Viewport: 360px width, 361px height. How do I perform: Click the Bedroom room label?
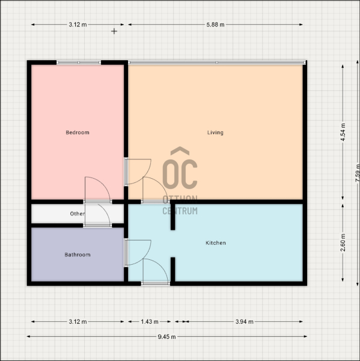tap(78, 132)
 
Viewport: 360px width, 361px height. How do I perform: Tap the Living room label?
tap(215, 132)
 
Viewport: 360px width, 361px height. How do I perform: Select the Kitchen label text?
tap(216, 243)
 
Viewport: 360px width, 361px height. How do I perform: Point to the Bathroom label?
tap(78, 255)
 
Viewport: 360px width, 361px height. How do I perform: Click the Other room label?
tap(78, 214)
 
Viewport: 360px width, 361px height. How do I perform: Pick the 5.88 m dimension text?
tap(215, 25)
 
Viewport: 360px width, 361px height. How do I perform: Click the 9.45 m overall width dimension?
tap(166, 337)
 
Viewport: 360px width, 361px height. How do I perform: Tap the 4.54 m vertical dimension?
tap(343, 132)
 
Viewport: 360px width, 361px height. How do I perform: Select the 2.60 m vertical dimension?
tap(343, 242)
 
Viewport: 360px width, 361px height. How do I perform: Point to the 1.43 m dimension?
tap(150, 322)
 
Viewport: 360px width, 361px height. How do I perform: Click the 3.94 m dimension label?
tap(244, 322)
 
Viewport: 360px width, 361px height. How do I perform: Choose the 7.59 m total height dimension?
tap(357, 173)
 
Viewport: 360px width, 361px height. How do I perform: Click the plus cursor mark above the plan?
tap(114, 31)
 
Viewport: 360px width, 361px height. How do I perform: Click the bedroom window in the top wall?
tap(79, 63)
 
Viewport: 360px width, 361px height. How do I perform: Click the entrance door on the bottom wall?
tap(156, 283)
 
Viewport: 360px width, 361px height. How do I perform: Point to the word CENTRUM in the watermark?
tap(180, 211)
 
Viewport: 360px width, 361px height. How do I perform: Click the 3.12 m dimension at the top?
tap(78, 25)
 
